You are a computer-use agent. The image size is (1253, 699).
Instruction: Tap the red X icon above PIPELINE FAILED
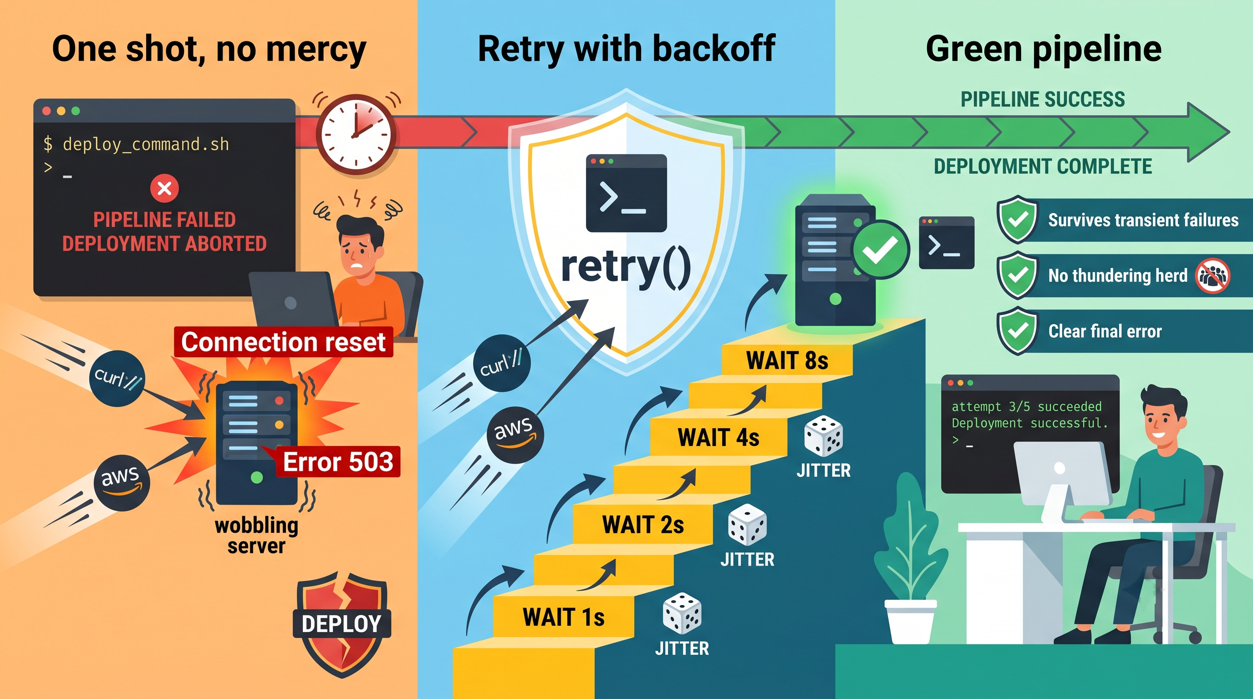coord(164,188)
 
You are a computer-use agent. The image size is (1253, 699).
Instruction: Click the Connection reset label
coord(284,342)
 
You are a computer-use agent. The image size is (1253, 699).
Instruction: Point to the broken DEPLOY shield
coord(342,624)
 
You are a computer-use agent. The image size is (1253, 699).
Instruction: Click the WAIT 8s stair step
coord(787,360)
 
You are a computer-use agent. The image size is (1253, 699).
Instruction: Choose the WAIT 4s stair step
coord(718,437)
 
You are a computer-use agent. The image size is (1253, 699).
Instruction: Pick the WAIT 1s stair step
coord(563,617)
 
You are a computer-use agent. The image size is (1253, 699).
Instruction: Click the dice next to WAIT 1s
coord(682,613)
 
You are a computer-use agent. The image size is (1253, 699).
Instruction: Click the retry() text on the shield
coord(626,266)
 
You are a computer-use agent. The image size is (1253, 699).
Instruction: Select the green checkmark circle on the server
coord(881,249)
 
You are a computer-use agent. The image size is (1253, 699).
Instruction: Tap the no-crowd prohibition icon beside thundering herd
coord(1213,276)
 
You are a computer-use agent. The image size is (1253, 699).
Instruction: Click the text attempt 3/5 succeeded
coord(1026,406)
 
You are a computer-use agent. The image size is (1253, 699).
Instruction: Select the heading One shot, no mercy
coord(209,50)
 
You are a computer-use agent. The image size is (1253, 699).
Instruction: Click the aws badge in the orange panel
coord(122,483)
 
